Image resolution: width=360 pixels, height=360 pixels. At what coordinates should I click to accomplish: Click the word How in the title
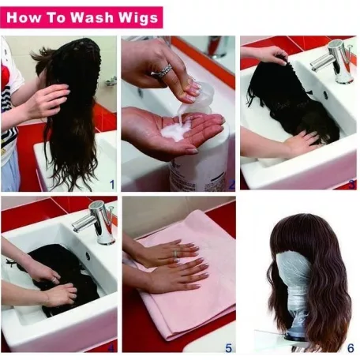click(23, 17)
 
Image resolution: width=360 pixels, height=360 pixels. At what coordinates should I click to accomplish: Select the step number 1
click(112, 185)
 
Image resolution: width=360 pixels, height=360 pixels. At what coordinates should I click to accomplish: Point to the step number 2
click(231, 185)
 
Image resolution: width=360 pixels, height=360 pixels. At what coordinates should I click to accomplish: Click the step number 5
click(228, 348)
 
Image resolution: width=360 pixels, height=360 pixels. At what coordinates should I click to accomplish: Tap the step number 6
click(351, 348)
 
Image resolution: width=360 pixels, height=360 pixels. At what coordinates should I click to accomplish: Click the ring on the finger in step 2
click(165, 70)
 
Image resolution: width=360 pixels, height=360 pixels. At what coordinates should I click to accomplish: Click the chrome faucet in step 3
click(333, 62)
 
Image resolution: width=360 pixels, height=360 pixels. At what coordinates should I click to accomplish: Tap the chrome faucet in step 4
click(96, 222)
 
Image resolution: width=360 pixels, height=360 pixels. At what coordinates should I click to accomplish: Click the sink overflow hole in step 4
click(88, 256)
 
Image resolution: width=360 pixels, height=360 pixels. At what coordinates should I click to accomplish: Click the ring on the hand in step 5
click(175, 254)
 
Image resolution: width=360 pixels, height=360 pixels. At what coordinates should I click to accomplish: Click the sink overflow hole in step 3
click(325, 95)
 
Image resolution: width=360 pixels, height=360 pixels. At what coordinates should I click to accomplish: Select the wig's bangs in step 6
click(300, 243)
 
